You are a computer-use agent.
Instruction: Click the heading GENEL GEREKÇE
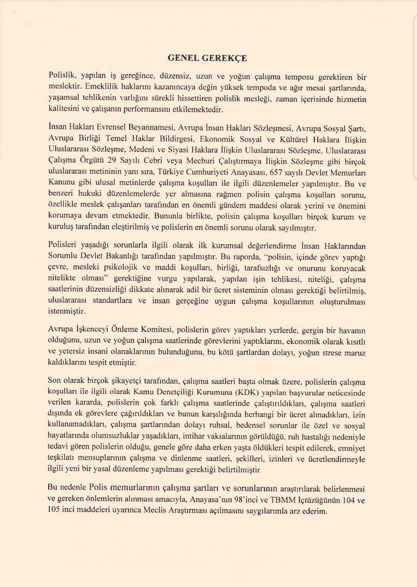click(x=208, y=58)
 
